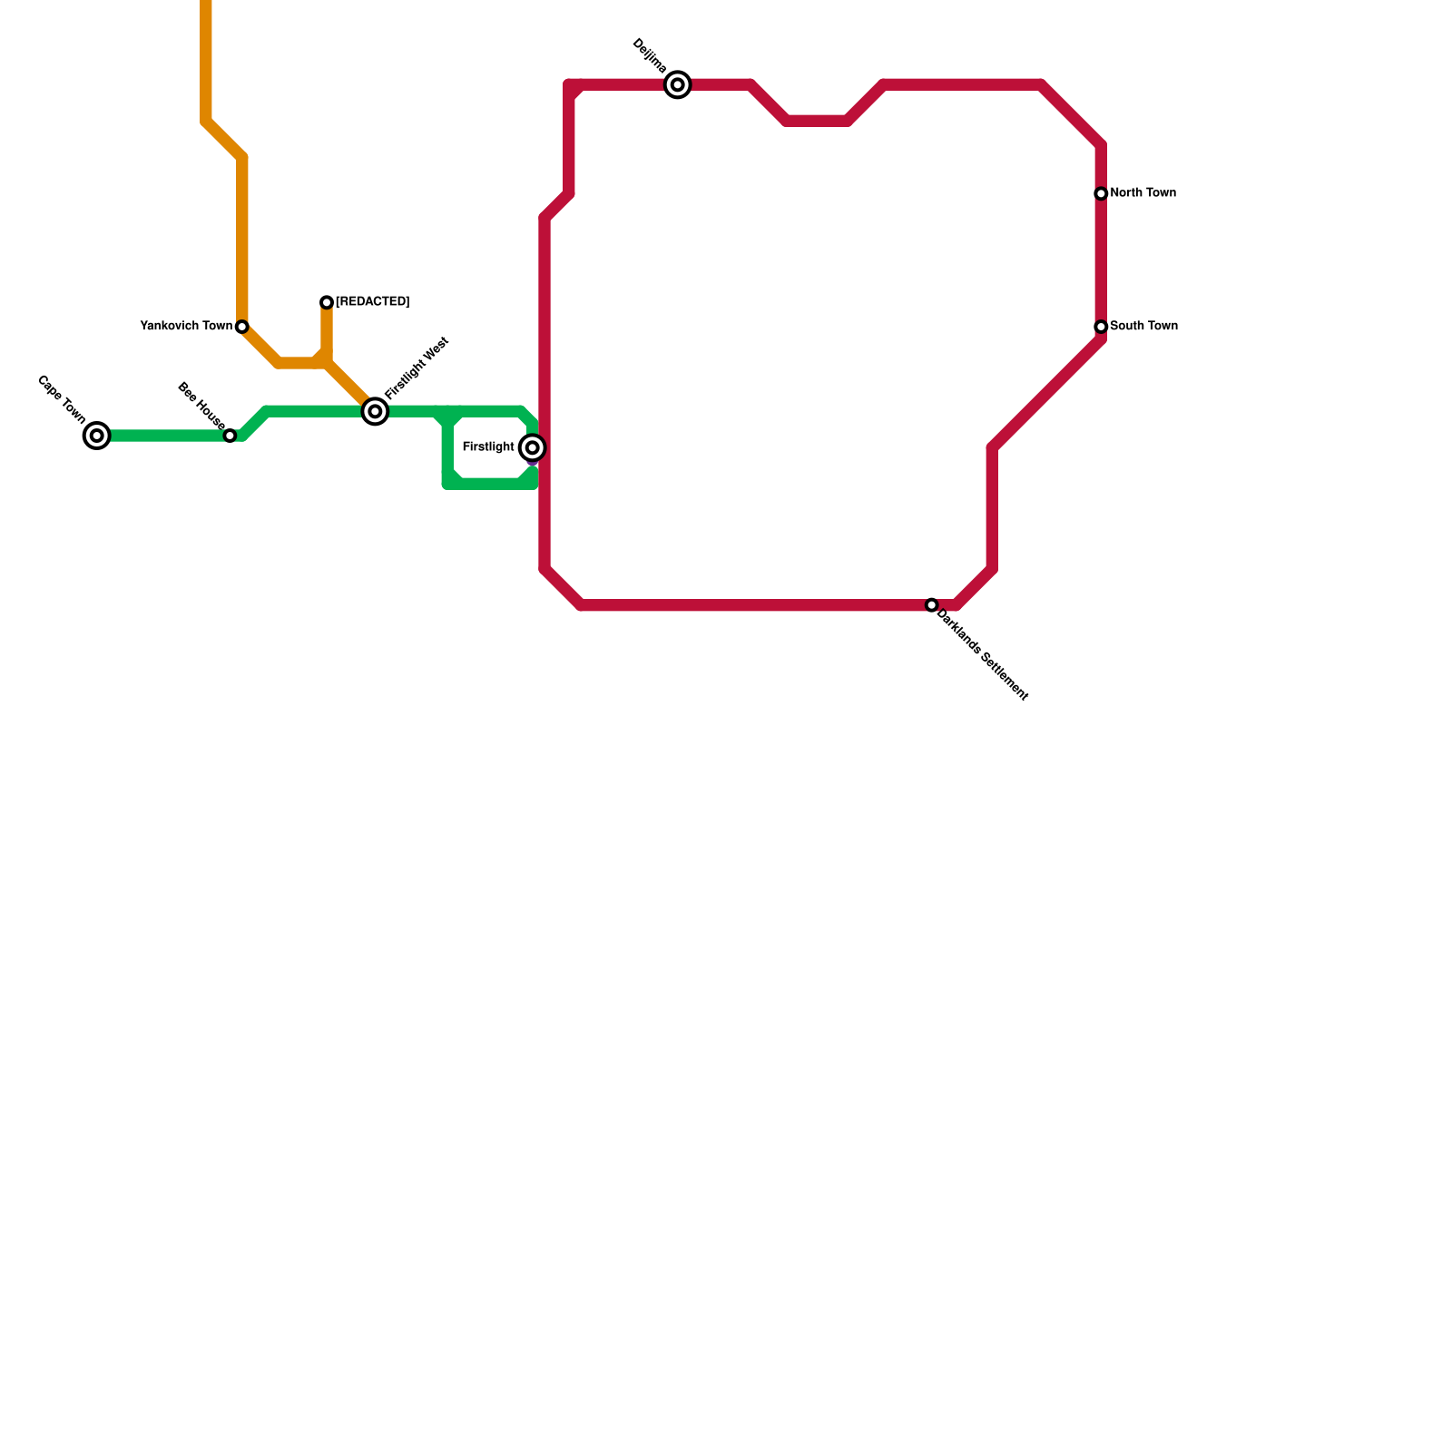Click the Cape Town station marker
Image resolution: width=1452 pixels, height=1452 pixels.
coord(97,436)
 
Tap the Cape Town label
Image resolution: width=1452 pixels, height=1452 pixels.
coord(62,399)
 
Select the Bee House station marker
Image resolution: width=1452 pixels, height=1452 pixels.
coord(231,436)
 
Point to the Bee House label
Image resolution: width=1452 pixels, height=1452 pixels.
coord(201,405)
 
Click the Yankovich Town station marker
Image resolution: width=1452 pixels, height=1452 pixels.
coord(242,327)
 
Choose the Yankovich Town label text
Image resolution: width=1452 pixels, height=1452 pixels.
coord(186,327)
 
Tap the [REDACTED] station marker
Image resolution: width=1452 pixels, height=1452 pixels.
coord(327,302)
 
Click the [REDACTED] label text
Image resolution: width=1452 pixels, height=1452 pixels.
coord(372,302)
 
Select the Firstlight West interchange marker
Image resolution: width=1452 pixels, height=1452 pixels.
coord(375,412)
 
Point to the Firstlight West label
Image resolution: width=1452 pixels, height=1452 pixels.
coord(417,368)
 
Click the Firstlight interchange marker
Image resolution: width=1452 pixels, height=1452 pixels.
coord(533,447)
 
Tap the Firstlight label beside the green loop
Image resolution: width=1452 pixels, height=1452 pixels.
coord(488,447)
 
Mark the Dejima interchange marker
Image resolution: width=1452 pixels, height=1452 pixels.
coord(678,85)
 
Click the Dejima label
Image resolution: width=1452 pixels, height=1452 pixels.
coord(650,56)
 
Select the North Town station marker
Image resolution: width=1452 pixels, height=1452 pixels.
coord(1101,194)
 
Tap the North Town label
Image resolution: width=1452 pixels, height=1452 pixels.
coord(1143,193)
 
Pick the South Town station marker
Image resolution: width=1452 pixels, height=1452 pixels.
coord(1101,327)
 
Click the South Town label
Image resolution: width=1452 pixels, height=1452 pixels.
coord(1143,327)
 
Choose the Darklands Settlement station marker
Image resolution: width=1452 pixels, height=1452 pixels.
coord(932,605)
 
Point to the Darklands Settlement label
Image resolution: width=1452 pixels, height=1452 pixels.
coord(982,655)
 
